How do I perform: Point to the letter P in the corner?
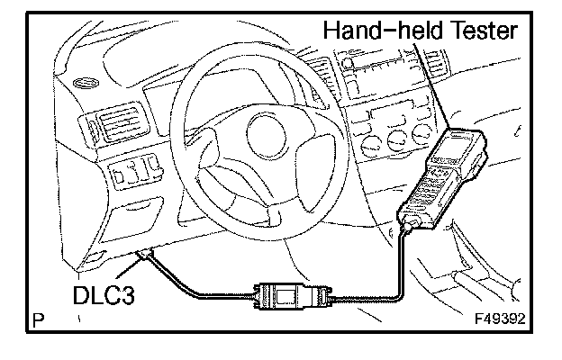(x=39, y=319)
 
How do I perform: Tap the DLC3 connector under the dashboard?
(x=143, y=258)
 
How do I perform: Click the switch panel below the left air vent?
(x=132, y=171)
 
